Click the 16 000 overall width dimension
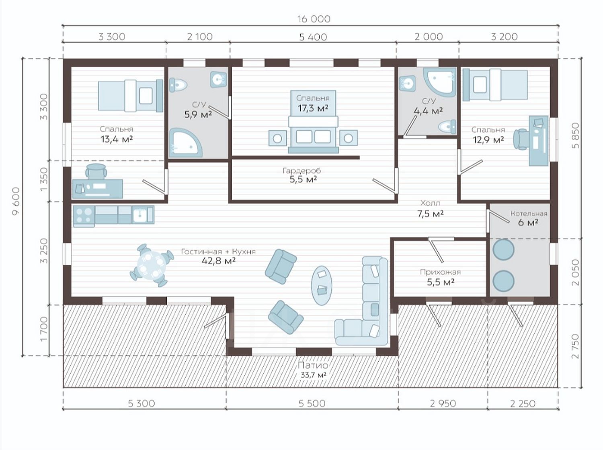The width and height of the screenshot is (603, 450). (x=314, y=19)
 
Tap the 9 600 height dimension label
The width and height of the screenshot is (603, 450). (x=16, y=201)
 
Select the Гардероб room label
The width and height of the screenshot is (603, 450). (x=302, y=170)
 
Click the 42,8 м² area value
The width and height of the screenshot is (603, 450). (x=219, y=260)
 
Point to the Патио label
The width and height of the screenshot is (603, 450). (x=313, y=365)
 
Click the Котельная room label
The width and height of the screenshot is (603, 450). (x=529, y=213)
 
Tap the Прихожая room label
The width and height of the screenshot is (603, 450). (x=440, y=272)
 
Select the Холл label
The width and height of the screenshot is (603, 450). (x=430, y=203)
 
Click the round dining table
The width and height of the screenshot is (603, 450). (x=152, y=265)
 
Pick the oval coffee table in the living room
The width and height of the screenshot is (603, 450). (x=322, y=285)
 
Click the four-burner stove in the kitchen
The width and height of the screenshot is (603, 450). (x=84, y=216)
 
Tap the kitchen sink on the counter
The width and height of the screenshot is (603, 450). (x=143, y=215)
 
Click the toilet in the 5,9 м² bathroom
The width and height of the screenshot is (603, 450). (x=178, y=84)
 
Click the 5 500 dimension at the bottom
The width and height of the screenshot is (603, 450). (x=312, y=403)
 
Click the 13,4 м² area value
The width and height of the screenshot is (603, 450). (x=117, y=139)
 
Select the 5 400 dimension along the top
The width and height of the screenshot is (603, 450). (x=313, y=37)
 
